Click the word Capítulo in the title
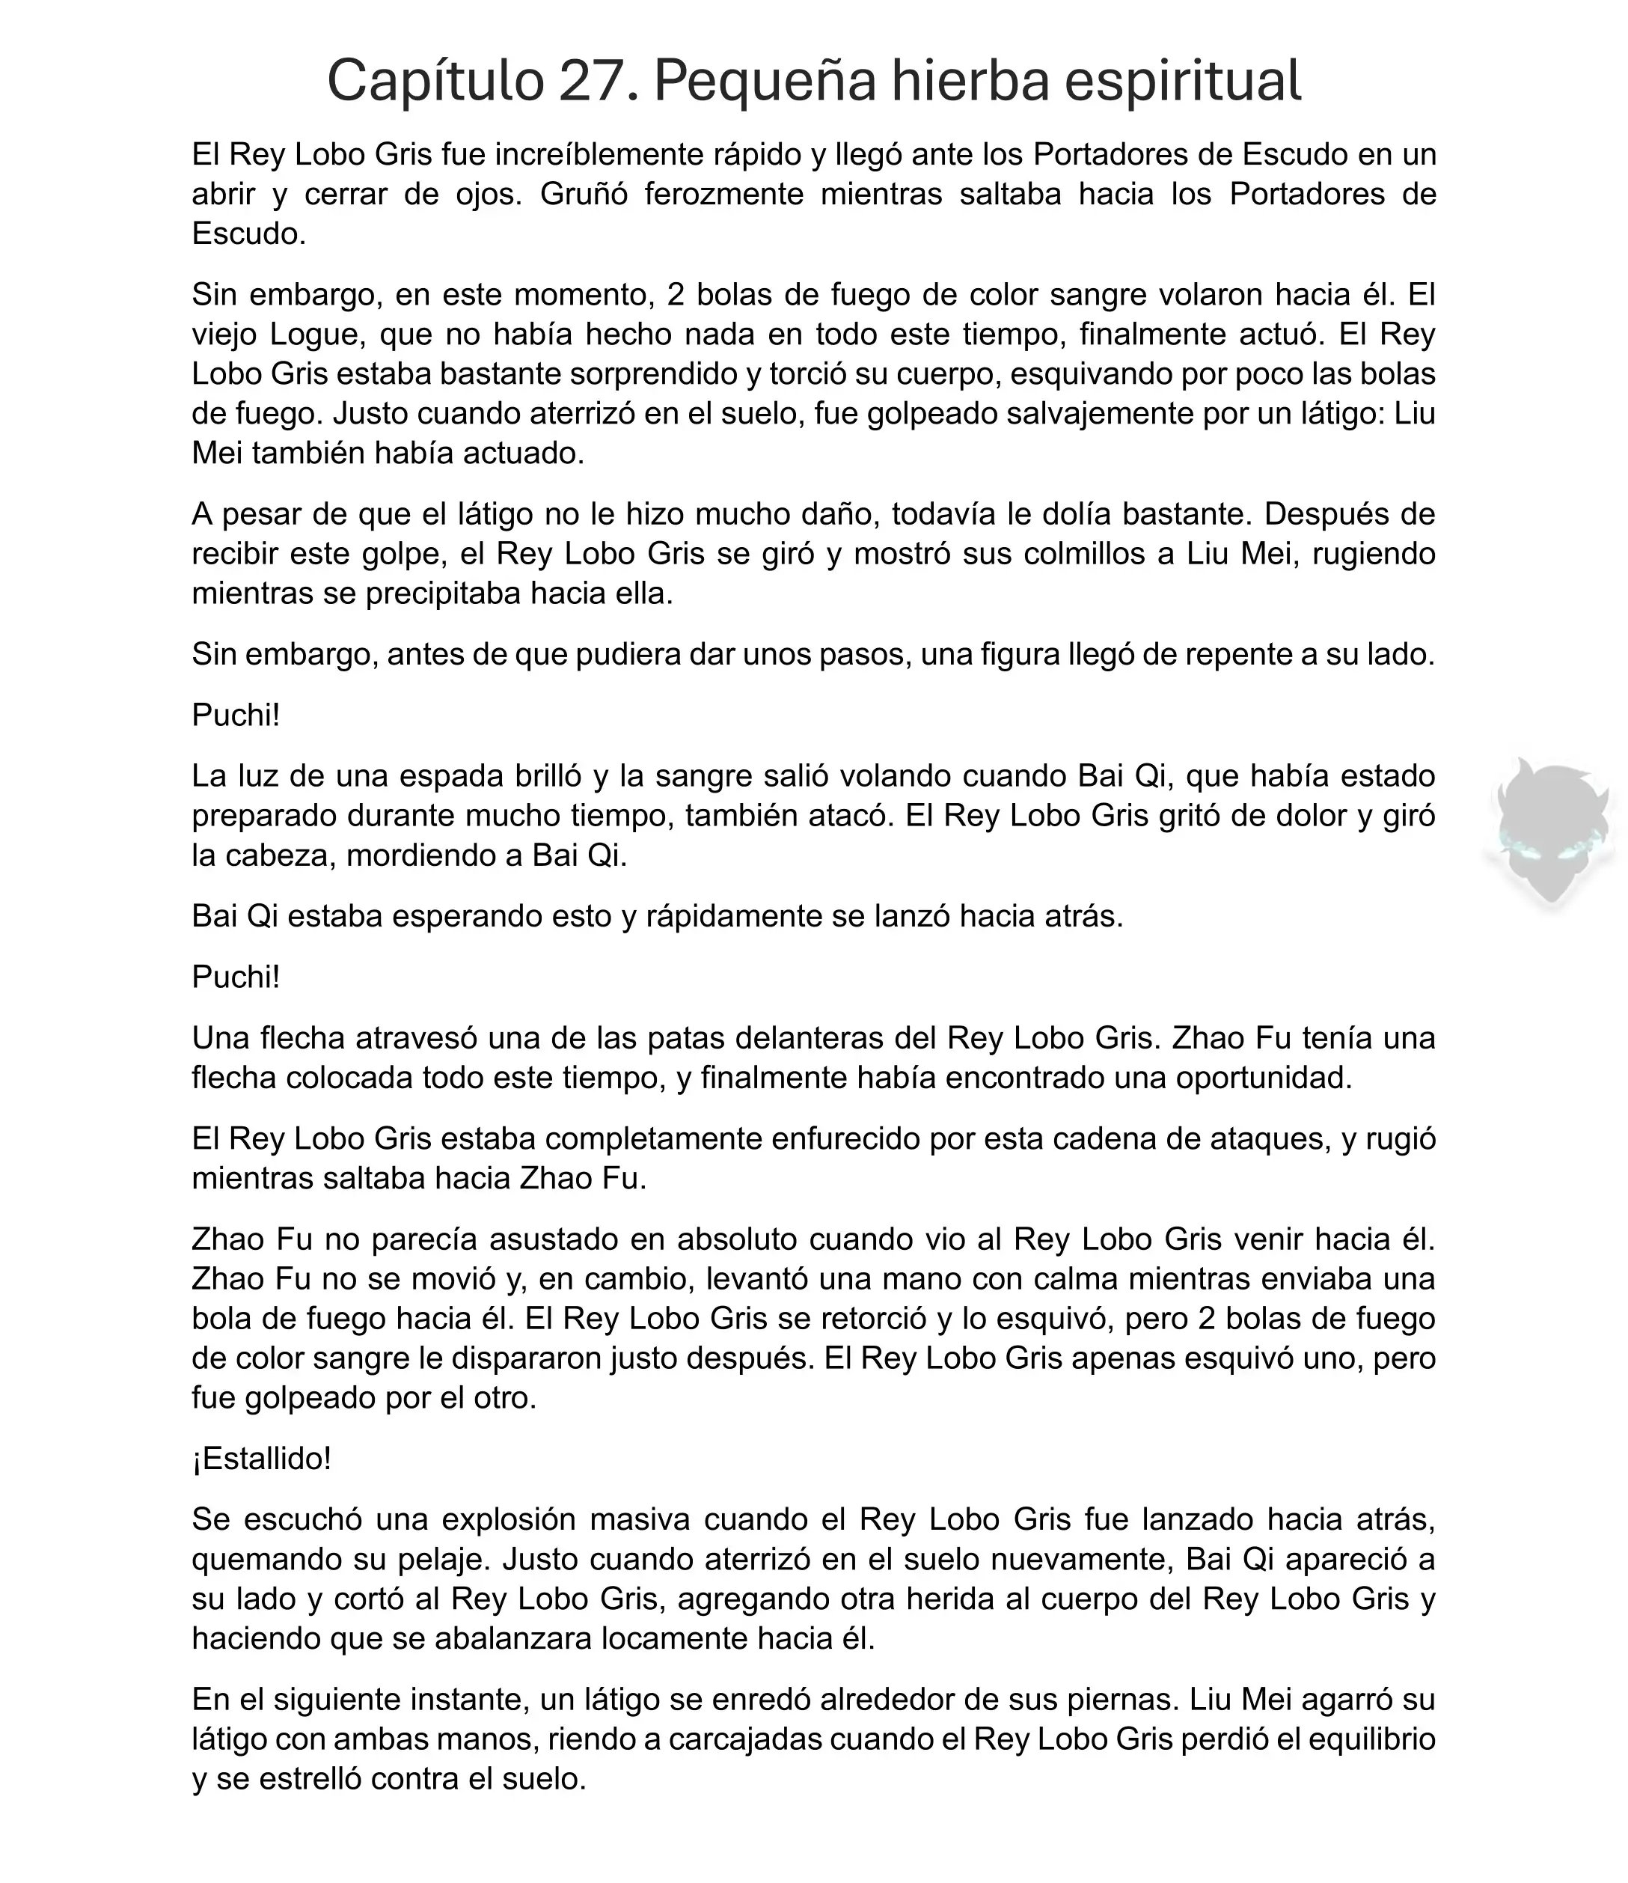434,81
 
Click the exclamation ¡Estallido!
262,1459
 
